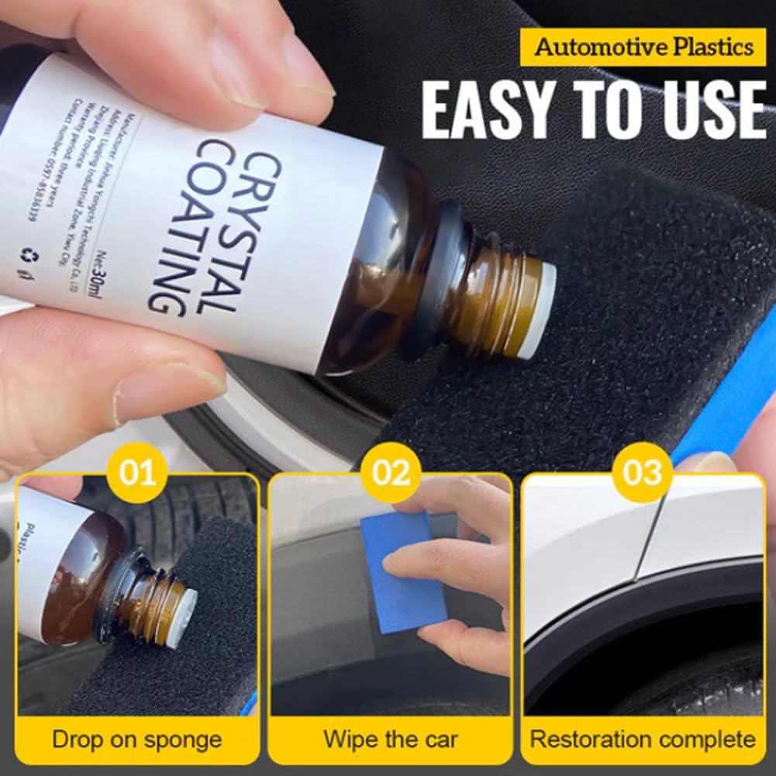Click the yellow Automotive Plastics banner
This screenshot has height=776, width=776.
644,47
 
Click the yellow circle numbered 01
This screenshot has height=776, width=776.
137,472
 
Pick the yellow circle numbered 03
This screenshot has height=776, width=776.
643,472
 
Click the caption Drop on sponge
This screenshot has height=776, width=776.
136,738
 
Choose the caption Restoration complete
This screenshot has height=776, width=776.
643,738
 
